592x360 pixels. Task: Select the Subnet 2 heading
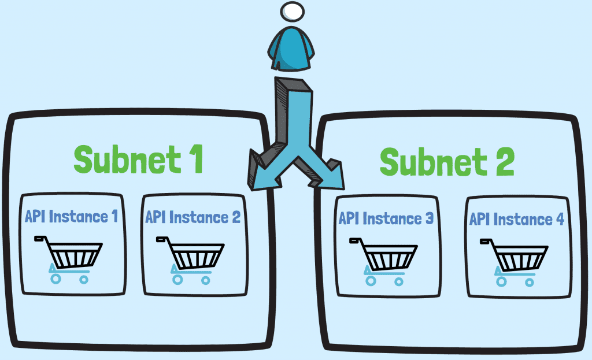coord(446,161)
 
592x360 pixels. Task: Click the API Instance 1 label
coord(72,217)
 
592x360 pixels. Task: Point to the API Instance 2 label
coord(193,217)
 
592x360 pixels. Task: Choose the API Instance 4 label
coord(516,219)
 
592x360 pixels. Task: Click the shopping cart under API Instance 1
coord(69,258)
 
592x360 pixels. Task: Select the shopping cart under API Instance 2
coord(191,258)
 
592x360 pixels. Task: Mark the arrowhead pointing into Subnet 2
coord(329,174)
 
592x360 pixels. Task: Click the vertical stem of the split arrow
coord(295,116)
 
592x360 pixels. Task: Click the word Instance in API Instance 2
coord(198,217)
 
